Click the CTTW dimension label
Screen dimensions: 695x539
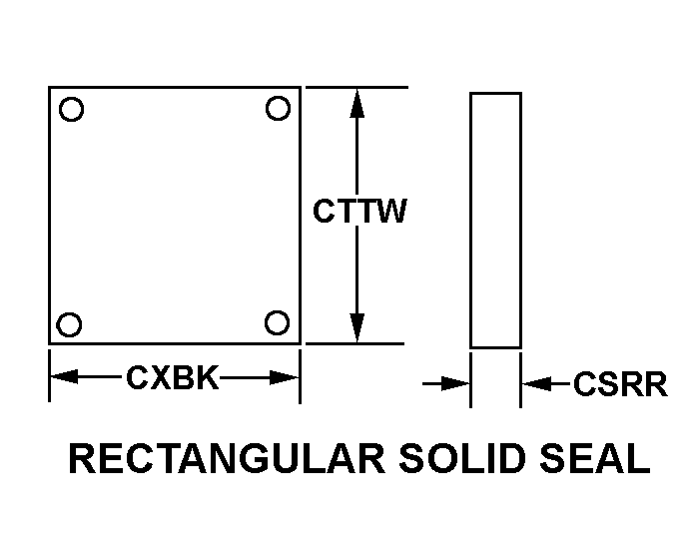pos(359,211)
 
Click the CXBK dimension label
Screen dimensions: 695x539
pos(173,377)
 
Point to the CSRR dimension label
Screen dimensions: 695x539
pos(620,384)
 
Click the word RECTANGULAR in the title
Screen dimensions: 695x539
pos(227,458)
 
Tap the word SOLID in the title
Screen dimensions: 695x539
pos(462,458)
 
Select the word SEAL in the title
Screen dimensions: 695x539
pos(595,458)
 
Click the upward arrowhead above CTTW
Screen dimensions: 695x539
pos(357,103)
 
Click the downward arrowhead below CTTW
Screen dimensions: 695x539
pos(357,327)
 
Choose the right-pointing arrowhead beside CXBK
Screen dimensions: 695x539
pos(285,377)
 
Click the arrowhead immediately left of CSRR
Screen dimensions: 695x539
pos(537,383)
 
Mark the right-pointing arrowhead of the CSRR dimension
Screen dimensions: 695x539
pos(455,383)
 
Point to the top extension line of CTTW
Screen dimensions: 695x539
pos(356,87)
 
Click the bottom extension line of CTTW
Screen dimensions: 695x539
pos(355,343)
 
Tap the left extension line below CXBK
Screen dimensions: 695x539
pos(49,375)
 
